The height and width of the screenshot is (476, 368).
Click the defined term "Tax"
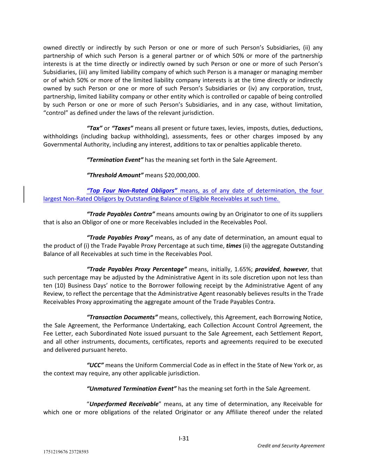[94, 128]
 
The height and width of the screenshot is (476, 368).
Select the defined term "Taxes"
[122, 128]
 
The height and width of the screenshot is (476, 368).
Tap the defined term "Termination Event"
[115, 160]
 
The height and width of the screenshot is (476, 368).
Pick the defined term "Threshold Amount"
[115, 175]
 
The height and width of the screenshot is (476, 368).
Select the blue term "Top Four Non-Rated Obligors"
[132, 191]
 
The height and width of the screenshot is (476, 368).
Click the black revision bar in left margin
[24, 194]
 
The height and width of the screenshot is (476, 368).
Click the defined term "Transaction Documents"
[122, 317]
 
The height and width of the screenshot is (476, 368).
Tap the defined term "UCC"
[95, 365]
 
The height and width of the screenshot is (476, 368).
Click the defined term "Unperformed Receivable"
[124, 404]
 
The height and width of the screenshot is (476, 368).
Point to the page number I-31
[184, 438]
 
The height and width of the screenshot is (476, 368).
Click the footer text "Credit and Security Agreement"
[291, 446]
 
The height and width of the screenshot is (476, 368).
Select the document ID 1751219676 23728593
[66, 452]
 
